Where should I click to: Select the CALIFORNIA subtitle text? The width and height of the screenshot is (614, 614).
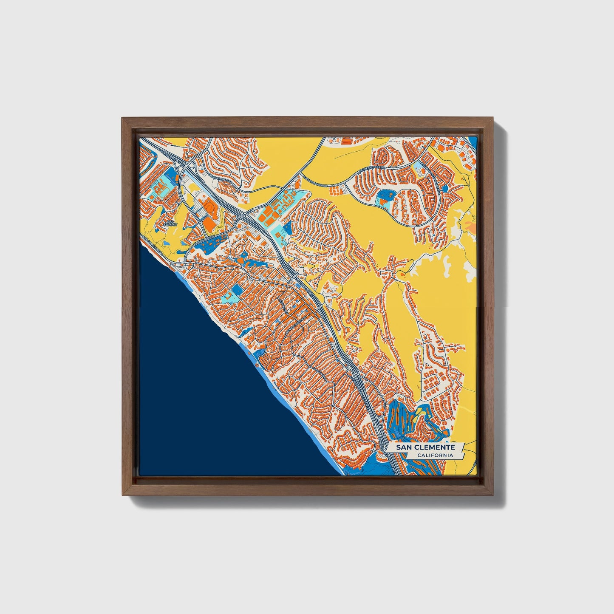point(434,456)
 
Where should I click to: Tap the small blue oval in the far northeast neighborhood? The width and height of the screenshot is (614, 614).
point(445,188)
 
